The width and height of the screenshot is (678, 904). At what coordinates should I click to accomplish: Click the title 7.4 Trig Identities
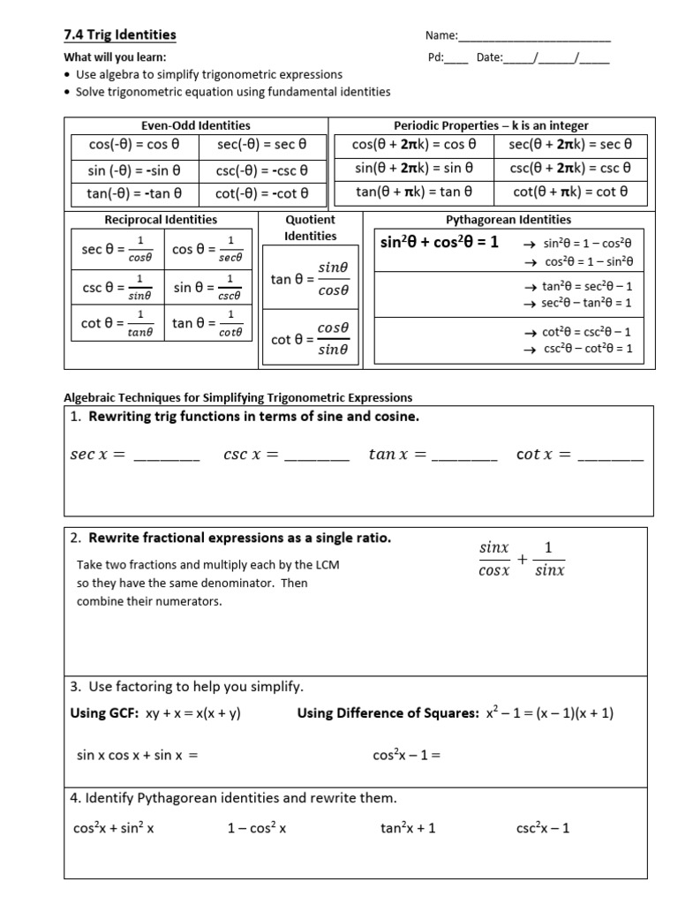click(120, 35)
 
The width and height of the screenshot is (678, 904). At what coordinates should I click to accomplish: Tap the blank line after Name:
click(534, 37)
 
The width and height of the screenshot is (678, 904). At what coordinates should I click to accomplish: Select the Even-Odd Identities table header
click(196, 125)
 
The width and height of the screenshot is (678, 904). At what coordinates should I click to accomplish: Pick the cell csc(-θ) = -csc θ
click(261, 169)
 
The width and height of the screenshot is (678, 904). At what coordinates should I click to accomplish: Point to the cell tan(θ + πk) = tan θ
click(414, 191)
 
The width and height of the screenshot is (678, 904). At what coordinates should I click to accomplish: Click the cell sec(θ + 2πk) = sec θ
click(570, 144)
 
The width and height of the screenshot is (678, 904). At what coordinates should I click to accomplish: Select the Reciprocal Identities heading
click(161, 219)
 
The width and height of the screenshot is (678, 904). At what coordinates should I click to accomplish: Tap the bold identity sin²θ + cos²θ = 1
click(439, 242)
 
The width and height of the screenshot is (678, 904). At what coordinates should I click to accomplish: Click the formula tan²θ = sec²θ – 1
click(587, 286)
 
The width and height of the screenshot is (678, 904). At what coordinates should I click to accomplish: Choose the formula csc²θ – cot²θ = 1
click(587, 348)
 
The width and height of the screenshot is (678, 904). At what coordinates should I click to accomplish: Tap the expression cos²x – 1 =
click(406, 755)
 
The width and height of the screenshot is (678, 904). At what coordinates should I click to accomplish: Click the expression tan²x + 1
click(408, 828)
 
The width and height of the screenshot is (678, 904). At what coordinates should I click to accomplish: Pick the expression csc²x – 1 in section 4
click(543, 828)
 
